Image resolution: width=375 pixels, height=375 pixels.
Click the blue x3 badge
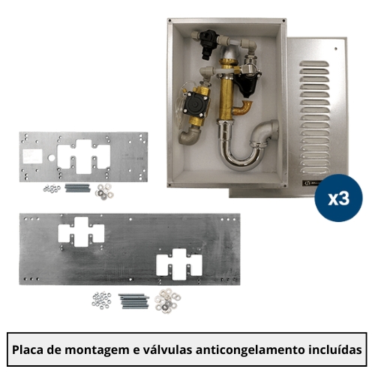click(338, 198)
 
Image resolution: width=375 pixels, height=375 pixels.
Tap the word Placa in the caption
click(28, 349)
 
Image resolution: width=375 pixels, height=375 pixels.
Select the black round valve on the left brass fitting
click(196, 104)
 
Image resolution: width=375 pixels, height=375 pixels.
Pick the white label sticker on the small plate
click(32, 155)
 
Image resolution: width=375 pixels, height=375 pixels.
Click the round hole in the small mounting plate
click(51, 157)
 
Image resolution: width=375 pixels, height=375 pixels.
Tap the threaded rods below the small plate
click(77, 188)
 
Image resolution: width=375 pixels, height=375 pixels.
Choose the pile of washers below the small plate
click(104, 191)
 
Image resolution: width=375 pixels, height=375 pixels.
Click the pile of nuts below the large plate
click(101, 300)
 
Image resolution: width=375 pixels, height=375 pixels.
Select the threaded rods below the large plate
click(133, 301)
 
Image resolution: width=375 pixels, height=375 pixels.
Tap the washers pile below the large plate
click(167, 301)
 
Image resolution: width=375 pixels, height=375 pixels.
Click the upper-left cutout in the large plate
click(81, 232)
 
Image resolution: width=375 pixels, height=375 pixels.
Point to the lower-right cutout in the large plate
click(179, 264)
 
